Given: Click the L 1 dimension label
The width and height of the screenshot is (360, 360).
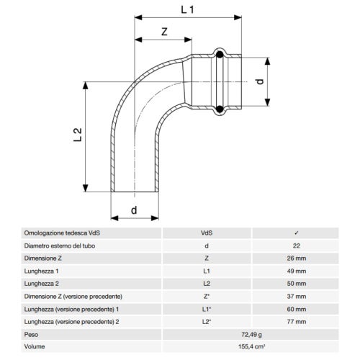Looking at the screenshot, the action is coord(187,10).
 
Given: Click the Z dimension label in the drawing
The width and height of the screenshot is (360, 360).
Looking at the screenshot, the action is coord(164,32).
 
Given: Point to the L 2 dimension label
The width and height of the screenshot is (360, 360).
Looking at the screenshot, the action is coord(78,135).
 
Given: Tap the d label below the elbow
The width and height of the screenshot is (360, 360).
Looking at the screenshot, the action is coord(134,210).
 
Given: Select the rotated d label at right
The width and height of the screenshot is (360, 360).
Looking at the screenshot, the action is coord(260,82).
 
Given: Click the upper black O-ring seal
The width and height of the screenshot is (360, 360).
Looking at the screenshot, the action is coord(220,55).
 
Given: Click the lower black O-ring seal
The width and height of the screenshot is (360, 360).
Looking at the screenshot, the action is coord(220,109).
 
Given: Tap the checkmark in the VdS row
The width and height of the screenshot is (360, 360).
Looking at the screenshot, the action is coord(297,233).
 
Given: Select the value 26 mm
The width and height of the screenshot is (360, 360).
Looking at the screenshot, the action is coord(297,258).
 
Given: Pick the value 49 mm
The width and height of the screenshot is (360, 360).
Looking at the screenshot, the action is coord(297,271).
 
